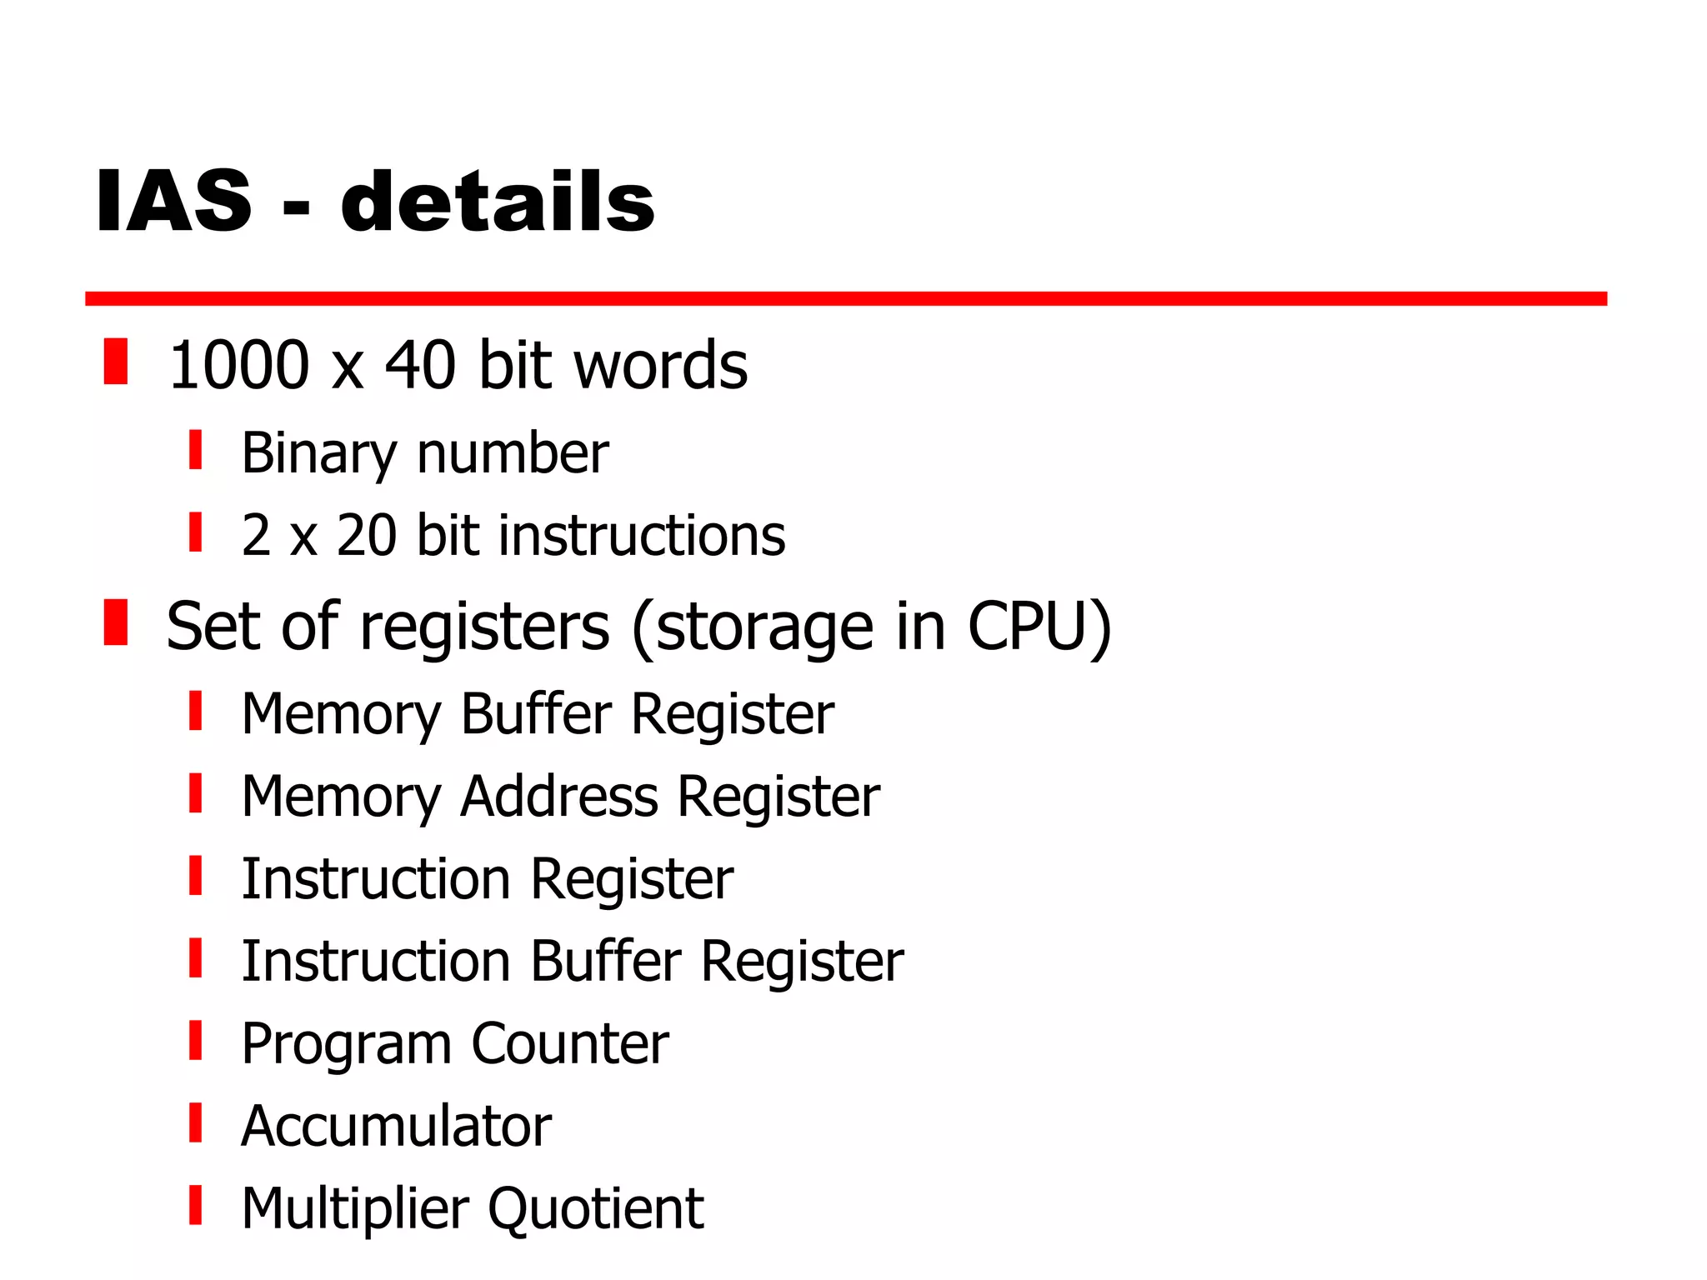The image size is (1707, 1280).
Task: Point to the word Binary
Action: pos(318,454)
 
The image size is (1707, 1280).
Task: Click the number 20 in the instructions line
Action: pos(367,535)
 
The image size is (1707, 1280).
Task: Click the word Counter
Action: pos(570,1043)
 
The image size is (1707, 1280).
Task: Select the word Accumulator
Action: pos(396,1126)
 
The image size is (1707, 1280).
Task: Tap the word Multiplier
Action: pos(355,1209)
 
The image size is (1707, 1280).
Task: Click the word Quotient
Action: pos(596,1208)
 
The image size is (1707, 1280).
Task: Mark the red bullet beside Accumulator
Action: pos(196,1122)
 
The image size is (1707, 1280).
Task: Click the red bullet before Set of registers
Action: pos(116,622)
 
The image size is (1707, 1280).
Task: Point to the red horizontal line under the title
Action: pos(845,298)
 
